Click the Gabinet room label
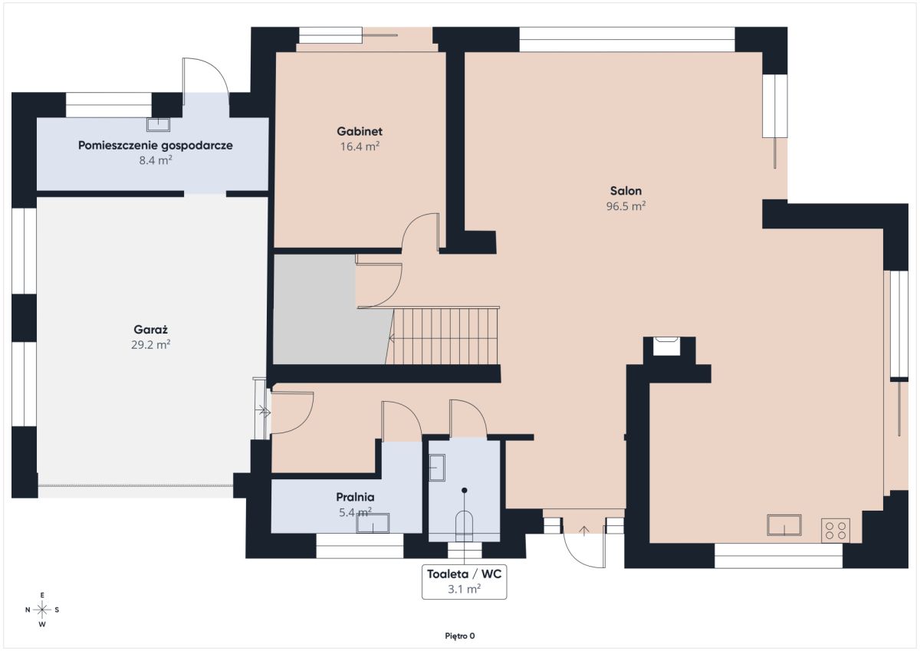(360, 131)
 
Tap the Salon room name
(626, 191)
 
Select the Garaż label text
(151, 330)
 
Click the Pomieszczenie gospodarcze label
(155, 146)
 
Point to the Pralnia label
(355, 497)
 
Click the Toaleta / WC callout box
(464, 581)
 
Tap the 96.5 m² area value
(626, 205)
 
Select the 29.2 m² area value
(151, 344)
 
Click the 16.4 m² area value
(360, 146)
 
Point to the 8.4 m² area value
(155, 160)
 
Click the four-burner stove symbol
(836, 531)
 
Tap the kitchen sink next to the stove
(784, 525)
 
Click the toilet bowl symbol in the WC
(464, 526)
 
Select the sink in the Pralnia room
(373, 523)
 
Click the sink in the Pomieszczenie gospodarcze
(158, 125)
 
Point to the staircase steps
(443, 336)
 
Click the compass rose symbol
(42, 610)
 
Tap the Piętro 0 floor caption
(459, 636)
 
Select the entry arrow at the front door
(583, 531)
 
